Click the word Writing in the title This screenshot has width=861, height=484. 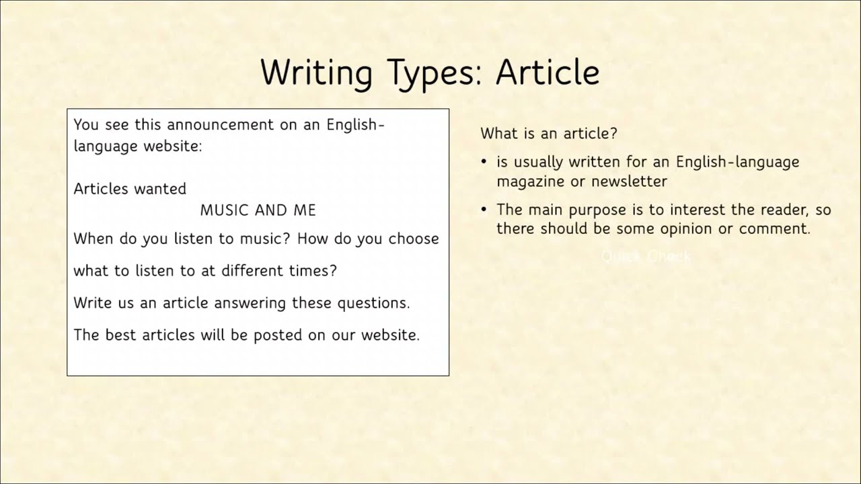coord(316,73)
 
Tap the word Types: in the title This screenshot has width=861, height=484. coord(434,73)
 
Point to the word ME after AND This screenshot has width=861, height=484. coord(305,210)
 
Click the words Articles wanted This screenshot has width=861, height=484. coord(130,189)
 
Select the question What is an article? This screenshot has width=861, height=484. coord(548,133)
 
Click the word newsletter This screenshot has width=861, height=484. coord(629,182)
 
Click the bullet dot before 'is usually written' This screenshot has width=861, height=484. coord(484,163)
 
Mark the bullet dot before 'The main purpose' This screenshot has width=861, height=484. coord(484,210)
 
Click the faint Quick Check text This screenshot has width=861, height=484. coord(646,256)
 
